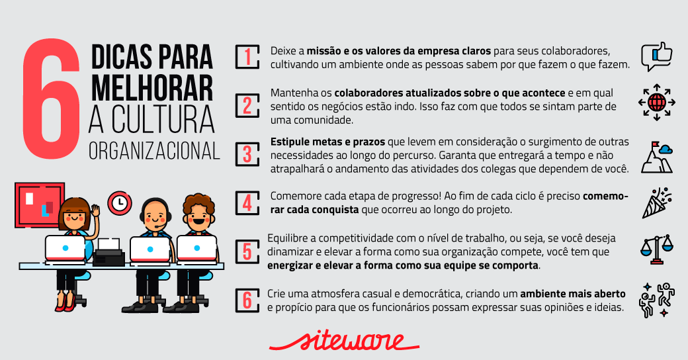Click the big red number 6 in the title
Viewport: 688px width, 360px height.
click(x=52, y=99)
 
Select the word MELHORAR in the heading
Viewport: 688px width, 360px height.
click(x=151, y=88)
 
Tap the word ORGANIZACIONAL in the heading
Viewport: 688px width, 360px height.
click(x=154, y=151)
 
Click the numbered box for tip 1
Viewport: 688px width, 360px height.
click(x=247, y=57)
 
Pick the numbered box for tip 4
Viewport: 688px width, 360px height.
click(x=247, y=202)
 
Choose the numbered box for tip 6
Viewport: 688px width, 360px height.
click(x=247, y=300)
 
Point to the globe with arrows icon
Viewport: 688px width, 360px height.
click(x=656, y=103)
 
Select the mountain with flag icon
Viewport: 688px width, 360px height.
click(x=656, y=157)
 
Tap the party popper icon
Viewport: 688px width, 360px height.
click(x=656, y=202)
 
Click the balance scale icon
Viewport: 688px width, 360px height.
click(x=656, y=249)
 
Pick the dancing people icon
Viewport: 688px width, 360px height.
click(x=656, y=300)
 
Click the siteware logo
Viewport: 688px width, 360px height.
click(x=344, y=341)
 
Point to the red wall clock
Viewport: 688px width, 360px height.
click(x=119, y=202)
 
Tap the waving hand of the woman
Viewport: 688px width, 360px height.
click(x=95, y=210)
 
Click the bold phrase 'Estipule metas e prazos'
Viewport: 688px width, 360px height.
click(x=327, y=142)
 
